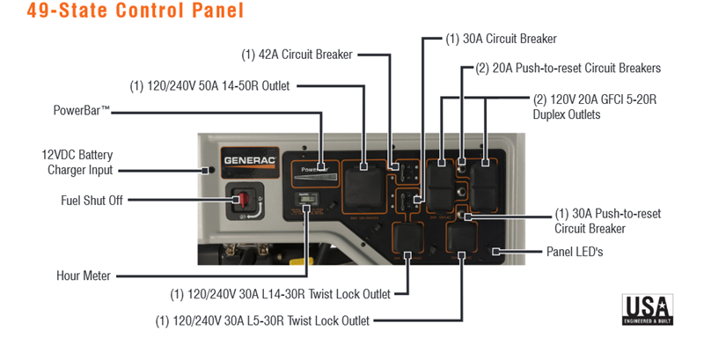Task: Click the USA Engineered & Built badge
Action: [x=648, y=310]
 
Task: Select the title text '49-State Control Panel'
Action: [x=122, y=12]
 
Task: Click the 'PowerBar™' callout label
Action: [x=81, y=111]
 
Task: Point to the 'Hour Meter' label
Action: [x=84, y=276]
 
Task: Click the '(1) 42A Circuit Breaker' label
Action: [x=297, y=55]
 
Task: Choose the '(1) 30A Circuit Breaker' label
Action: [x=501, y=39]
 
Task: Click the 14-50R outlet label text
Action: [x=209, y=86]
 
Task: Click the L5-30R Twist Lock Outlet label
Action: [x=262, y=320]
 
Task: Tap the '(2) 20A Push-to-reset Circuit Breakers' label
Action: [x=568, y=68]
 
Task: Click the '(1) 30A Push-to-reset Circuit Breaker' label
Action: [x=607, y=221]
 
